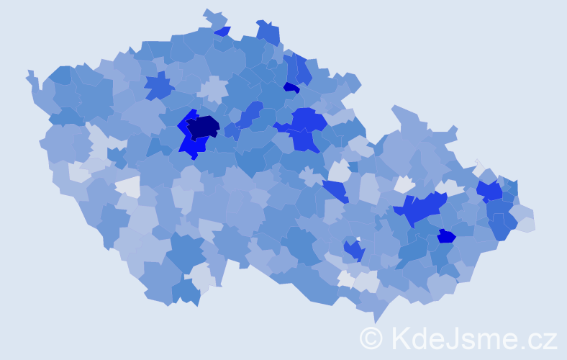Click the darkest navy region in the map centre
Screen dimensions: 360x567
click(x=203, y=127)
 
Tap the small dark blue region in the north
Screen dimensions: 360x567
click(x=291, y=88)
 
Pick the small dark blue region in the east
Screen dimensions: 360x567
click(x=446, y=236)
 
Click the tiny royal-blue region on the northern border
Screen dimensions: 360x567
click(x=223, y=32)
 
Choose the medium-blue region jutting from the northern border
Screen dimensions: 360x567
click(x=268, y=33)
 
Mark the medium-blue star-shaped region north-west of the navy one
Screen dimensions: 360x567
click(x=159, y=86)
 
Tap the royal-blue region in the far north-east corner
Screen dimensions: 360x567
click(x=490, y=191)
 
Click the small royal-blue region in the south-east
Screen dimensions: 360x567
click(x=353, y=250)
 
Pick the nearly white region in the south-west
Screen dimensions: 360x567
click(x=127, y=187)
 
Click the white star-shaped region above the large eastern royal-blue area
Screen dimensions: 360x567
click(x=404, y=184)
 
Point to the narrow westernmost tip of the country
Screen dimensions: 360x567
click(x=30, y=75)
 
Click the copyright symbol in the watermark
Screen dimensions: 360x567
click(x=371, y=338)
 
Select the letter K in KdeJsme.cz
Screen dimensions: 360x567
click(x=400, y=338)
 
